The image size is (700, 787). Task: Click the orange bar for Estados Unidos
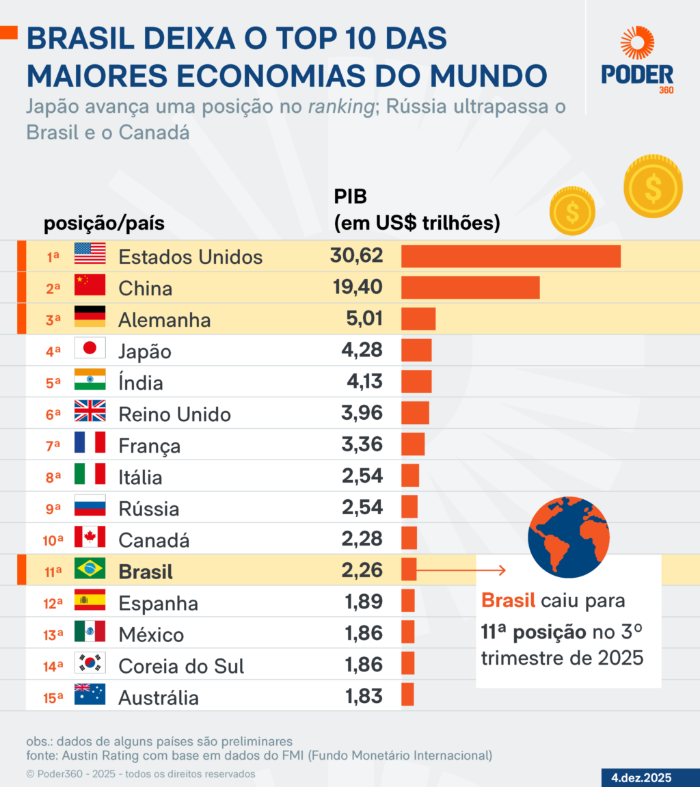[511, 256]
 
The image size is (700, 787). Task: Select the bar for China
[470, 288]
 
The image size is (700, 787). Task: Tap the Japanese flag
[90, 349]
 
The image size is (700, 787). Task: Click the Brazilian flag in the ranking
[90, 569]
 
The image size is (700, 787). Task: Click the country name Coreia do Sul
[181, 666]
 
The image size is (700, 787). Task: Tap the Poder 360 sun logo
[637, 43]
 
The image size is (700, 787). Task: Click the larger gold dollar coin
[653, 186]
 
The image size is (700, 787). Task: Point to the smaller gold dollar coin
[572, 211]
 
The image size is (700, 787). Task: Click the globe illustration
[569, 537]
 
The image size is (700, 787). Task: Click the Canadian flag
[90, 537]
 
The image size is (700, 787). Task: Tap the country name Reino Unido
[174, 414]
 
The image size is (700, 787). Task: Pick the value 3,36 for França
[362, 444]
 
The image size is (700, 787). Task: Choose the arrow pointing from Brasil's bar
[461, 570]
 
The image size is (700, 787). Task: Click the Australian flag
[90, 695]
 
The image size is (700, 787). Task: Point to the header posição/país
[104, 224]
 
